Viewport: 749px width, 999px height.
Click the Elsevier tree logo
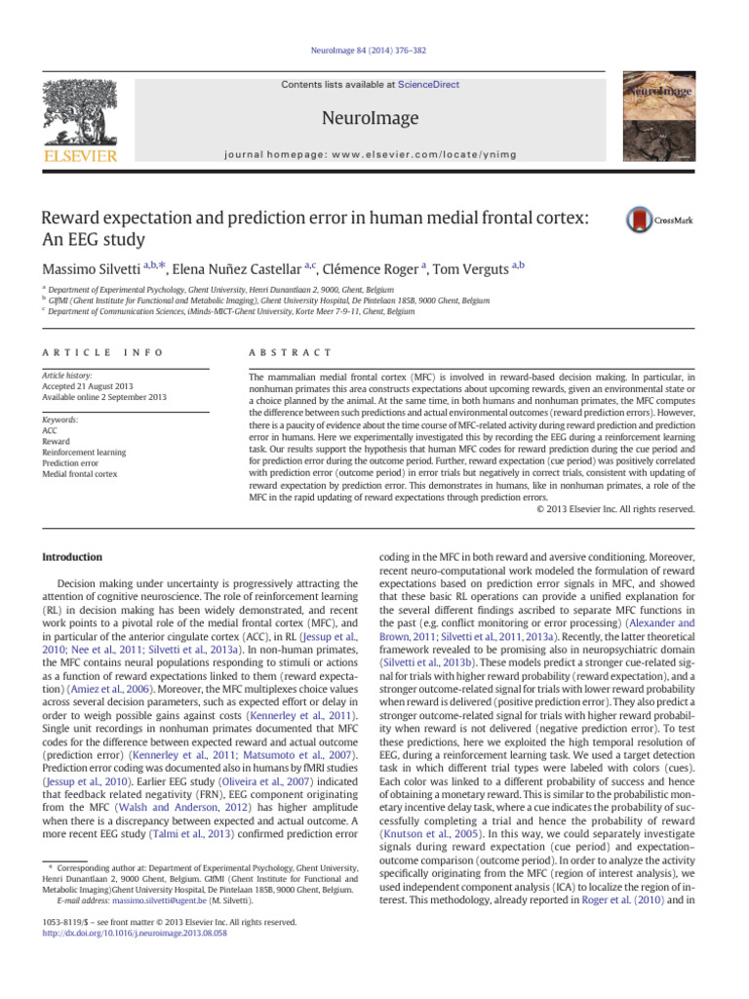84,120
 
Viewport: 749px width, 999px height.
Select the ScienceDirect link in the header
431,86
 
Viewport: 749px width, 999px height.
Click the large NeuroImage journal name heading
374,118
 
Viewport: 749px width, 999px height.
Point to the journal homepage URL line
374,154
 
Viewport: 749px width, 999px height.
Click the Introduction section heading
70,557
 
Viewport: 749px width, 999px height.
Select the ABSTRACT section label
291,351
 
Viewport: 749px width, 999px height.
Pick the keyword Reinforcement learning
87,452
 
